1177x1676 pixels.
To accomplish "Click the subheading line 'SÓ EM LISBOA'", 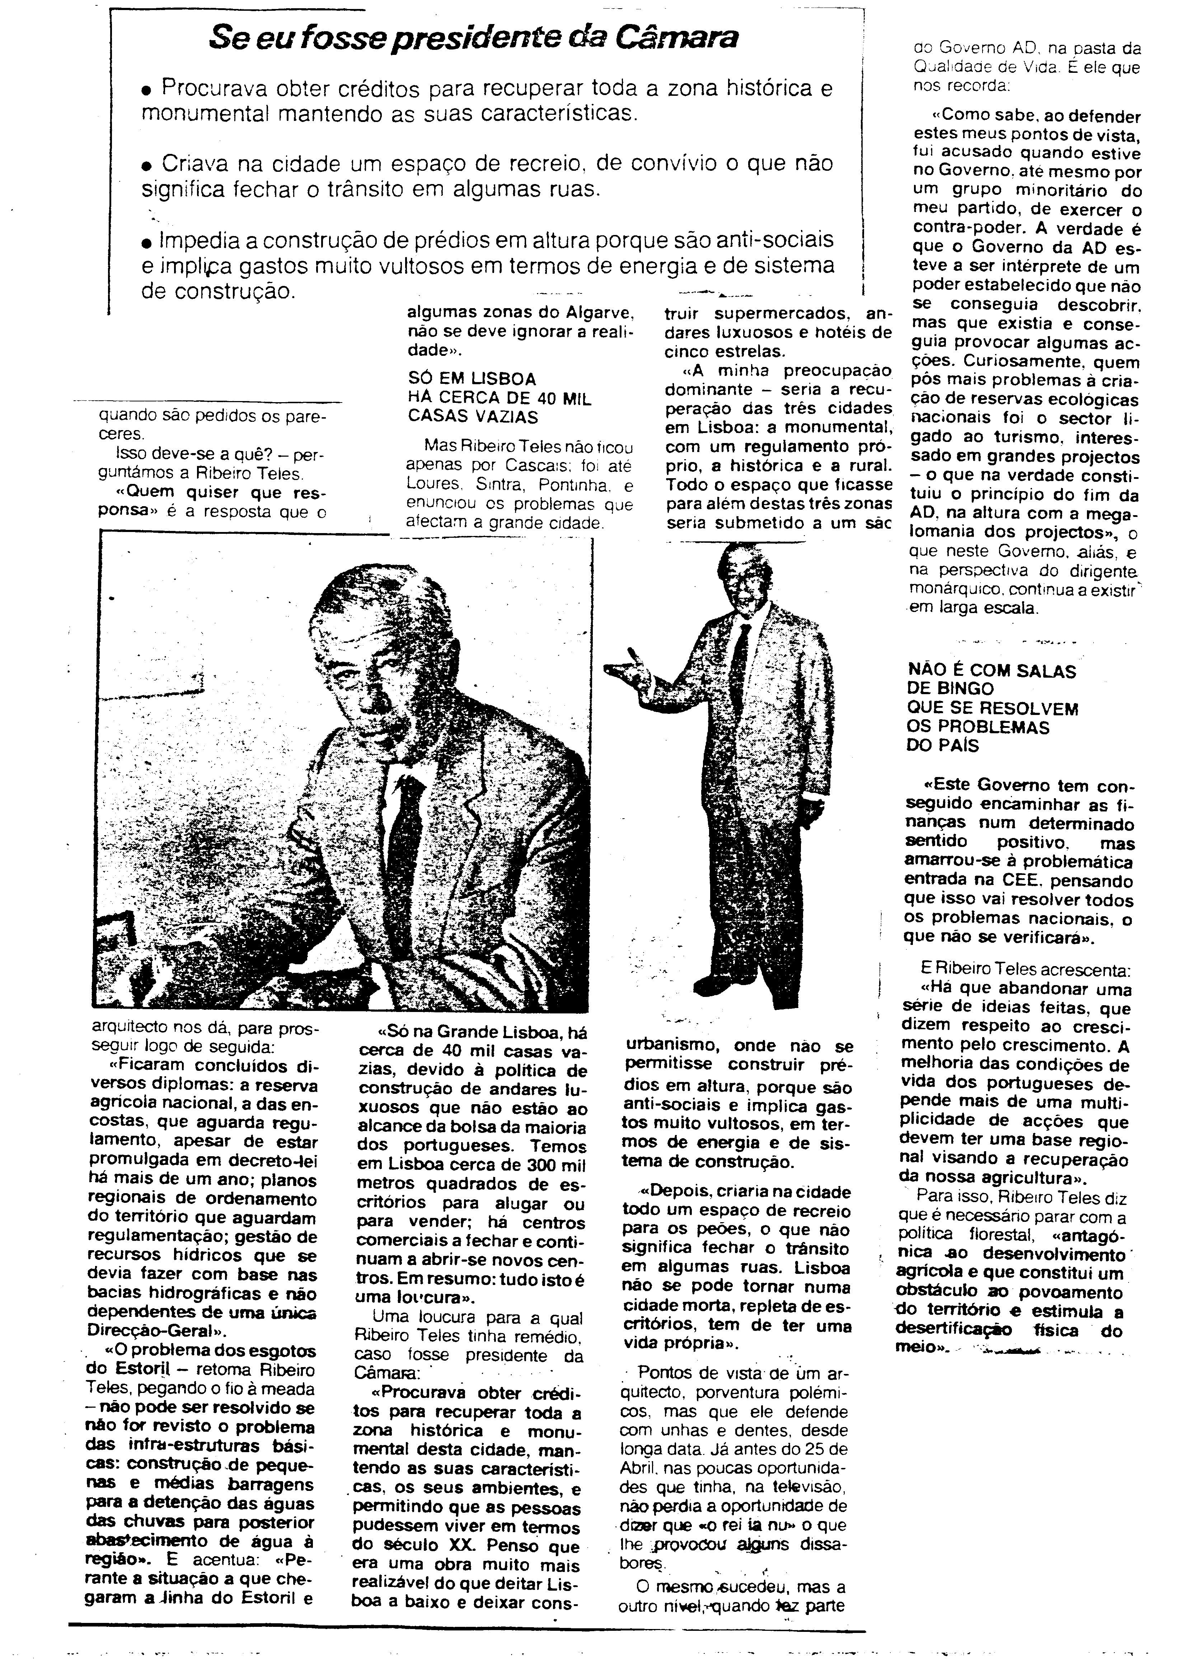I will click(471, 379).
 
